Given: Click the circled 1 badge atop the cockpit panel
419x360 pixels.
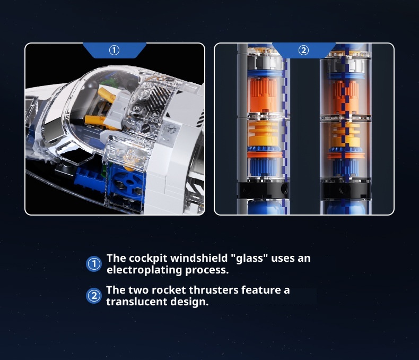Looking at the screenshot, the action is [x=115, y=50].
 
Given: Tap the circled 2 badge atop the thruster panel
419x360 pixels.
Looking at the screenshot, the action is [x=303, y=50].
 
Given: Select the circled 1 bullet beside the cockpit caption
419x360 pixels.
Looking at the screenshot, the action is [x=94, y=264].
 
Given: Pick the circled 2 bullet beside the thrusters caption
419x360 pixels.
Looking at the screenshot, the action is [x=94, y=296].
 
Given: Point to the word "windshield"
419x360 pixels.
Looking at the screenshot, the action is [x=198, y=258].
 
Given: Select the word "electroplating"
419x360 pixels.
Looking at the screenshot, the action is [x=144, y=270].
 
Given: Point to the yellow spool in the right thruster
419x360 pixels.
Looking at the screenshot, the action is [x=346, y=135].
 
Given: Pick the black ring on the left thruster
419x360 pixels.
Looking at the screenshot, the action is [x=263, y=190].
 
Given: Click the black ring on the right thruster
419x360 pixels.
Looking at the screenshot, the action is [x=345, y=191].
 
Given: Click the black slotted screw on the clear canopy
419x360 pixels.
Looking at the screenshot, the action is [x=146, y=128].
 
